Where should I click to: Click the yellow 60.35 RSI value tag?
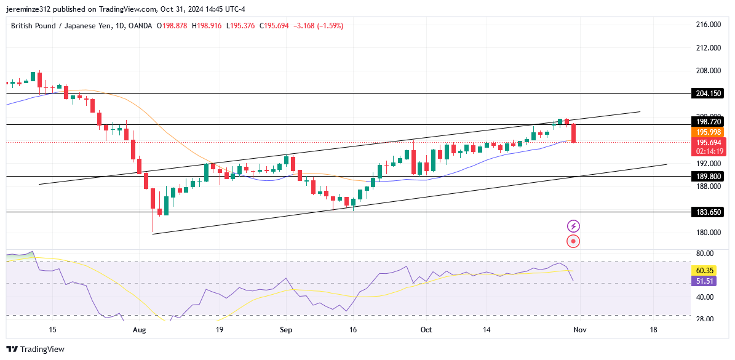tap(704, 270)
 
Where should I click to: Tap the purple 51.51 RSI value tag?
tap(704, 281)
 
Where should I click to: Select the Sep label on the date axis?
tap(285, 330)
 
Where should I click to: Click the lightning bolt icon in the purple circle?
tap(573, 226)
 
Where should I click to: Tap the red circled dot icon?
tap(573, 241)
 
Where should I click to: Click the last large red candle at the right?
tap(574, 134)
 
